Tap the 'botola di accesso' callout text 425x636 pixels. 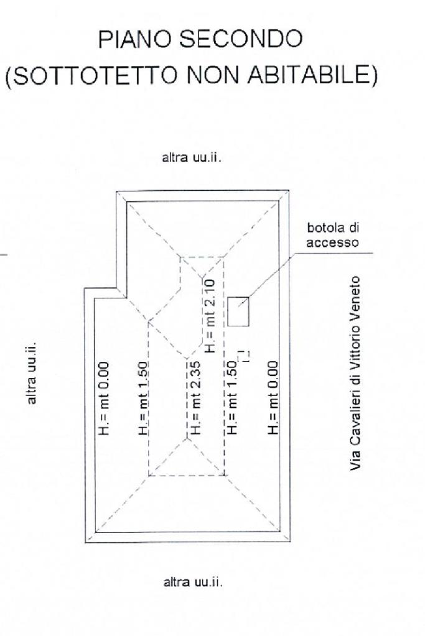tap(333, 236)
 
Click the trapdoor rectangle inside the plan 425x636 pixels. tap(238, 311)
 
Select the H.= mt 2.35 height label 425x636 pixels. tap(196, 398)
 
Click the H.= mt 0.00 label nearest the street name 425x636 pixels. tap(273, 398)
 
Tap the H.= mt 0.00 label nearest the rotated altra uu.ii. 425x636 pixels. tap(103, 398)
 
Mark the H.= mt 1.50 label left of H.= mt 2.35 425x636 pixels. tap(143, 398)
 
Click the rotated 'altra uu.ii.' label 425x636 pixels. tap(32, 373)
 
